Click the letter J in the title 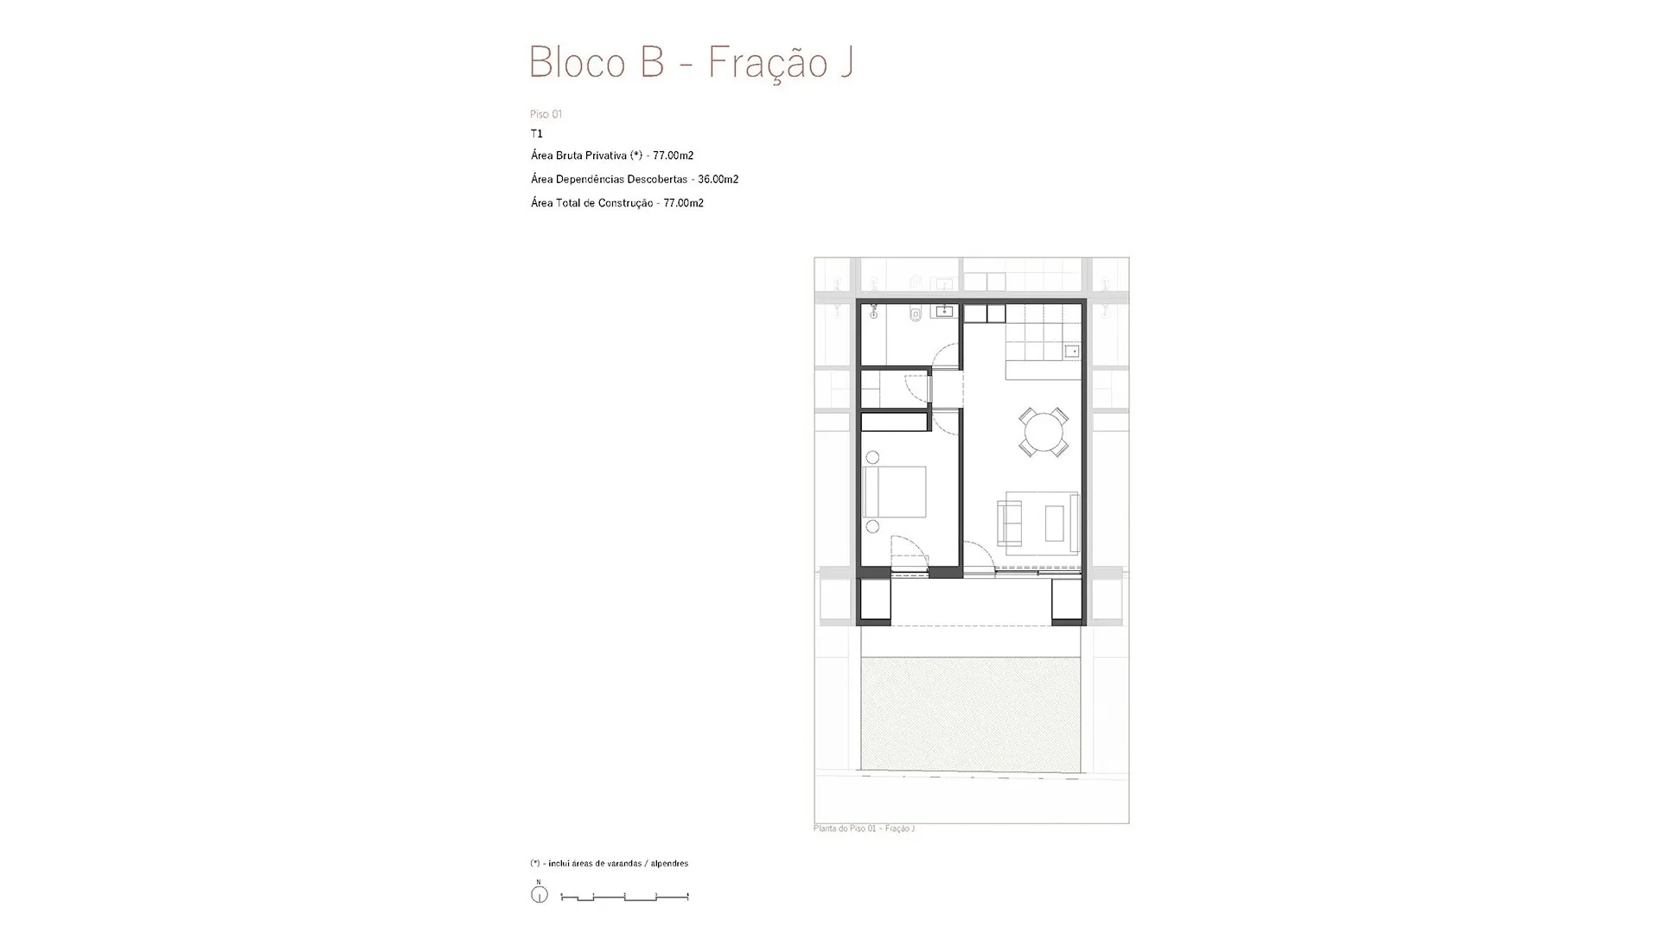pyautogui.click(x=846, y=62)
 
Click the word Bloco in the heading pyautogui.click(x=578, y=62)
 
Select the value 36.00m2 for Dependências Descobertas pyautogui.click(x=718, y=180)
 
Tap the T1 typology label pyautogui.click(x=537, y=134)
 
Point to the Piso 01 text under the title pyautogui.click(x=546, y=114)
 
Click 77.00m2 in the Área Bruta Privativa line pyautogui.click(x=674, y=155)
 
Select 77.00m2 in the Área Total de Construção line pyautogui.click(x=684, y=203)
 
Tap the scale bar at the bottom pyautogui.click(x=625, y=898)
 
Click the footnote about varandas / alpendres pyautogui.click(x=610, y=864)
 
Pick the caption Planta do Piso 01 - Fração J pyautogui.click(x=865, y=828)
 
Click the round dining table pyautogui.click(x=1044, y=431)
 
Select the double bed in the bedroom pyautogui.click(x=896, y=492)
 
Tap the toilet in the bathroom pyautogui.click(x=916, y=314)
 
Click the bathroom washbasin pyautogui.click(x=943, y=311)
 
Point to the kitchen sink pyautogui.click(x=1072, y=351)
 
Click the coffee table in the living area pyautogui.click(x=1054, y=523)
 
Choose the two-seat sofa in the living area pyautogui.click(x=1009, y=523)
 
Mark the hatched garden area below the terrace pyautogui.click(x=971, y=714)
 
